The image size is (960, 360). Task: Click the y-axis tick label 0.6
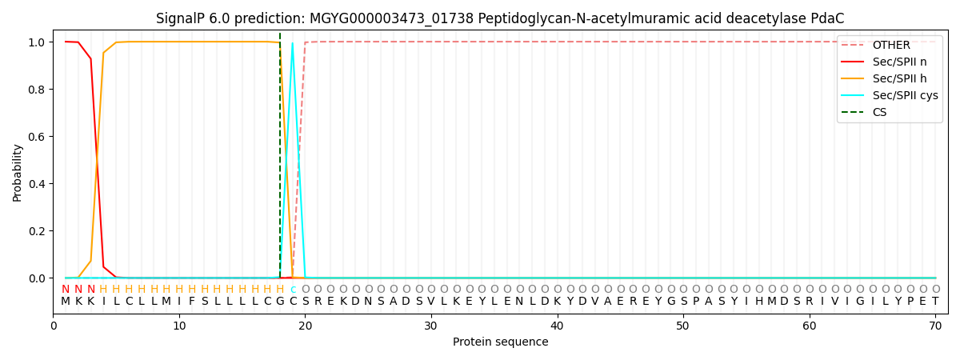(37, 137)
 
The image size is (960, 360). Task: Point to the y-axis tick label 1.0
(37, 42)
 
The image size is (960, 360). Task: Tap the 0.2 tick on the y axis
(37, 231)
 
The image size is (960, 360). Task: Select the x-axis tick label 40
(557, 326)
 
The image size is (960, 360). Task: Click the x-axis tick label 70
(935, 326)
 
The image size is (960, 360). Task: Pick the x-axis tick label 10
(179, 326)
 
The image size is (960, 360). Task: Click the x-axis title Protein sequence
(501, 342)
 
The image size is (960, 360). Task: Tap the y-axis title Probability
(18, 172)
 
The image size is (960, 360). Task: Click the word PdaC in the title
(828, 18)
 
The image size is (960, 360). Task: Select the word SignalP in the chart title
(181, 18)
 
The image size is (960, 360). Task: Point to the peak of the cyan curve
(293, 43)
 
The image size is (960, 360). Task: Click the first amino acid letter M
(66, 302)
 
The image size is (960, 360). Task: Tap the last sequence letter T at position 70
(935, 302)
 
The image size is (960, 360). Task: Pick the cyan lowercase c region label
(293, 290)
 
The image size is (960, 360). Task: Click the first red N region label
(66, 290)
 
